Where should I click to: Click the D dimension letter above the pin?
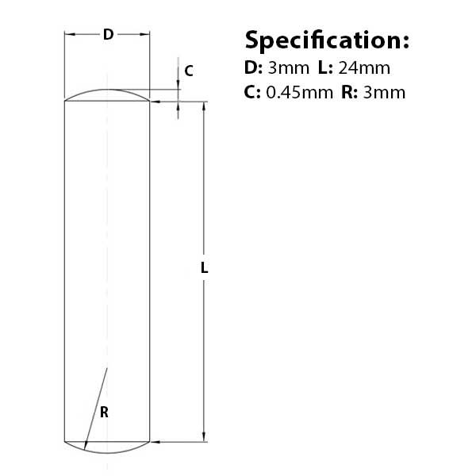(x=109, y=34)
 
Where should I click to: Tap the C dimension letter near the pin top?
(x=189, y=71)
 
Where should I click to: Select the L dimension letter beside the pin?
(x=205, y=268)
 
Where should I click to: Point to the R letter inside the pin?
(x=104, y=413)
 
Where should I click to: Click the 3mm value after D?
(x=289, y=68)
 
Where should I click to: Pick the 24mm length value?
(x=364, y=68)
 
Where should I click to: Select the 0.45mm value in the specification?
(x=299, y=93)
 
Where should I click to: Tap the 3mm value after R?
(x=384, y=93)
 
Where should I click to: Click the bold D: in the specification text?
(x=253, y=68)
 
